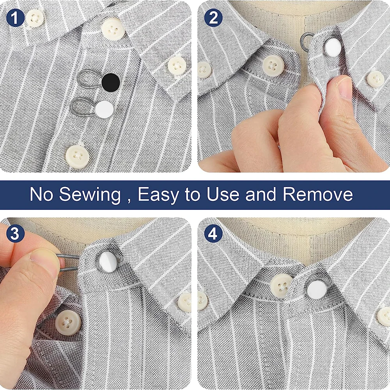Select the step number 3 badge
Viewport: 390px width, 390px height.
point(15,234)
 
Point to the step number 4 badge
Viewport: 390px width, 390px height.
point(213,234)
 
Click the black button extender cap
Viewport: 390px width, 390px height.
point(110,83)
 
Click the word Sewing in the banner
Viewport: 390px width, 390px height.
point(90,194)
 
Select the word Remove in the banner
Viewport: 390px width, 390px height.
point(317,194)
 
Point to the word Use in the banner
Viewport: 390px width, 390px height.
point(223,194)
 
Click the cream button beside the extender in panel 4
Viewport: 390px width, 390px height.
point(282,285)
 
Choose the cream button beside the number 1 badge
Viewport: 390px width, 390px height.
point(35,18)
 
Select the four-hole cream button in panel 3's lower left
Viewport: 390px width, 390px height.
point(67,323)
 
